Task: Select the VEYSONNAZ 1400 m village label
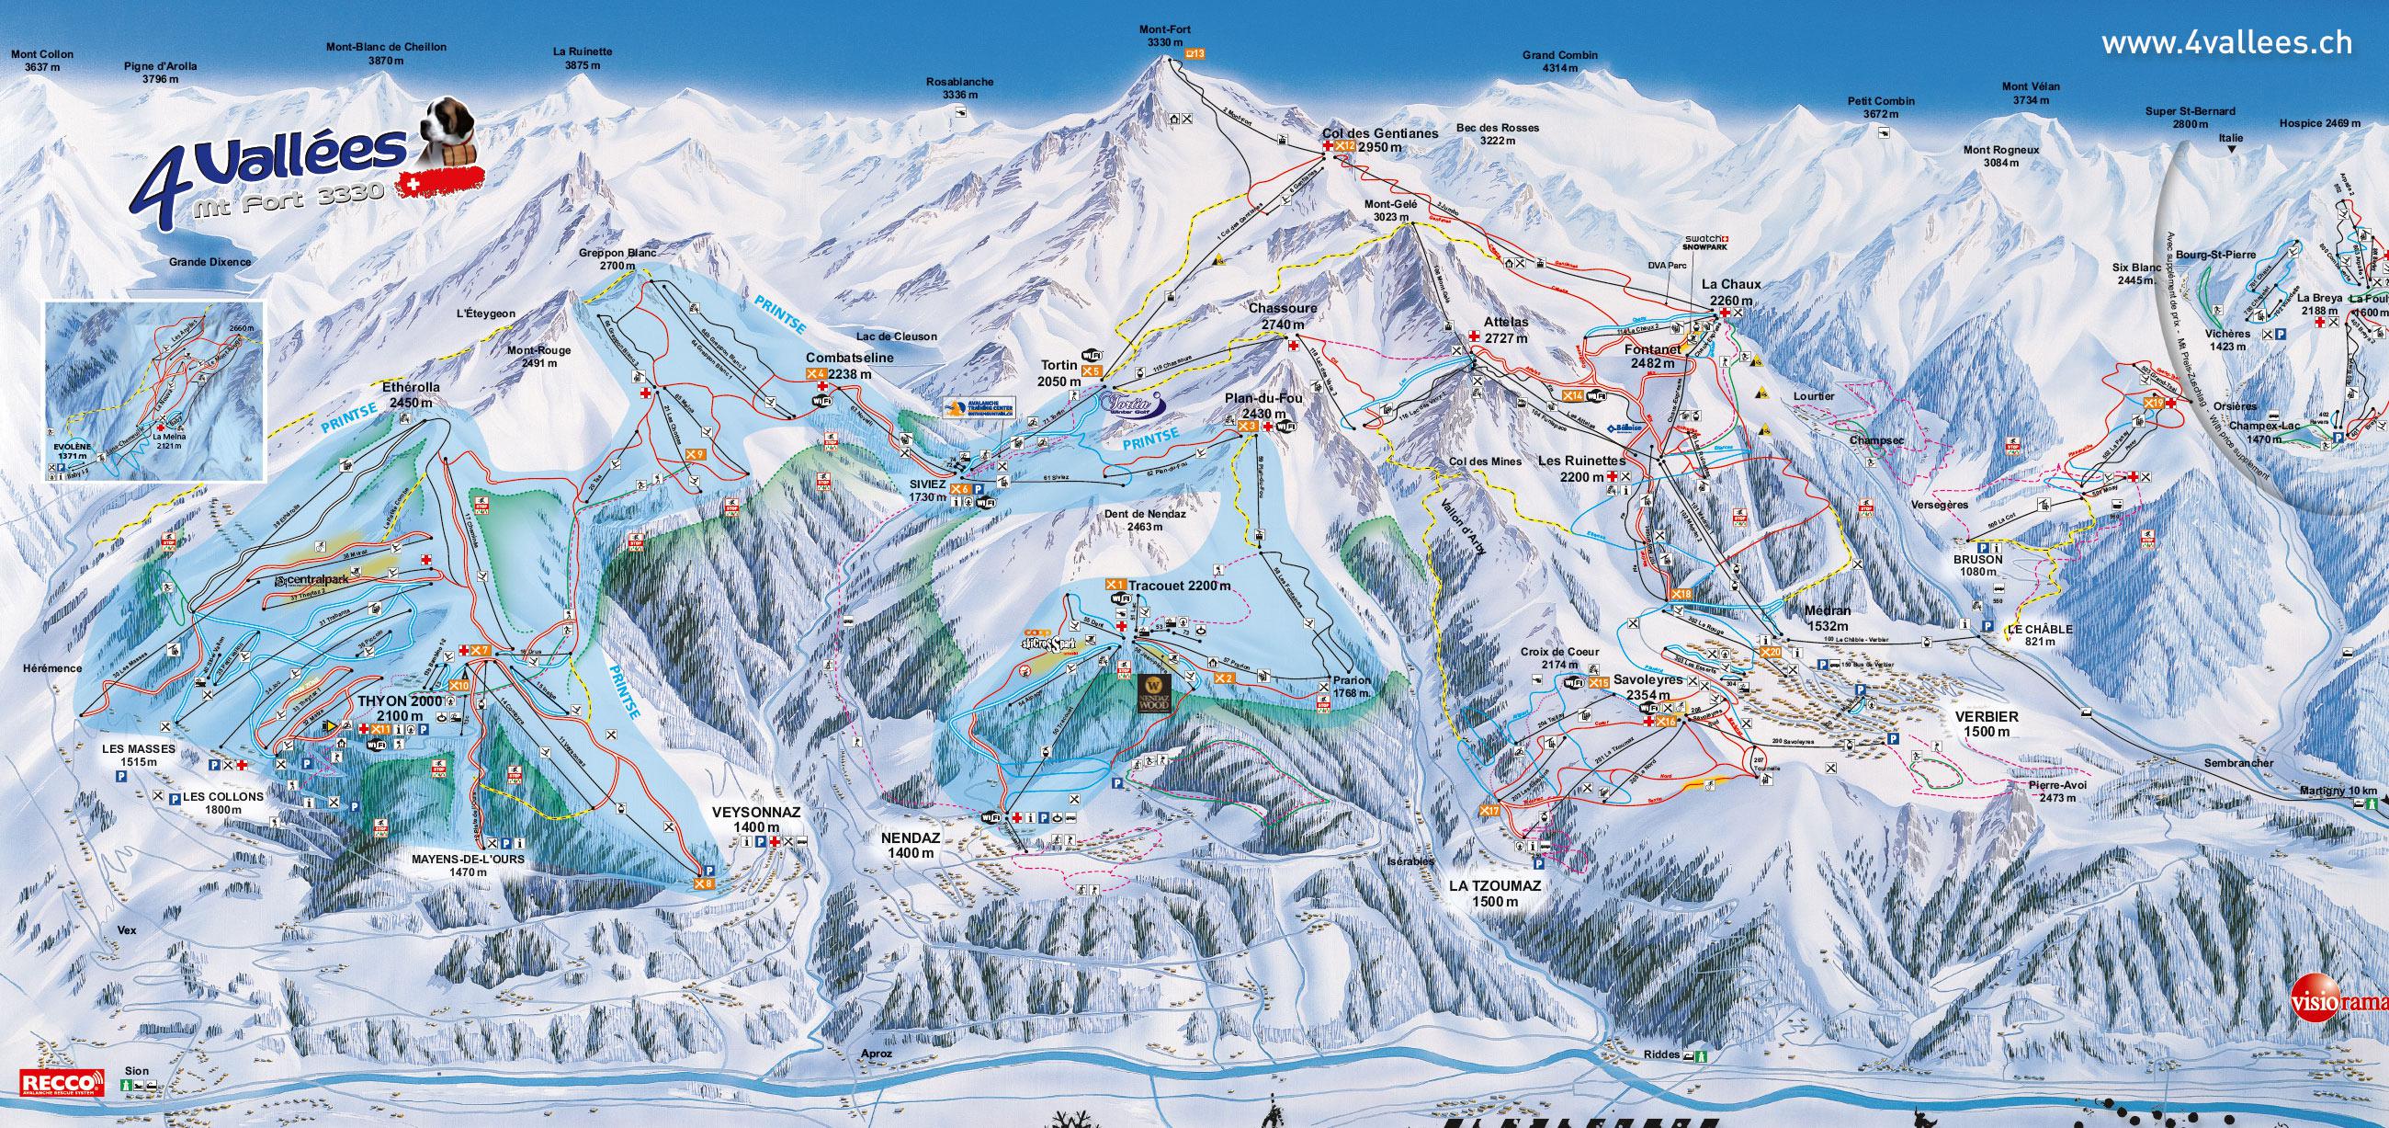click(755, 818)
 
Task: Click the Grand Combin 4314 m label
click(1560, 62)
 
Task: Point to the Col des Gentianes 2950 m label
click(1380, 140)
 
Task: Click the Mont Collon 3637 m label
click(41, 61)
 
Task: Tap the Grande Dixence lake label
click(209, 262)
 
